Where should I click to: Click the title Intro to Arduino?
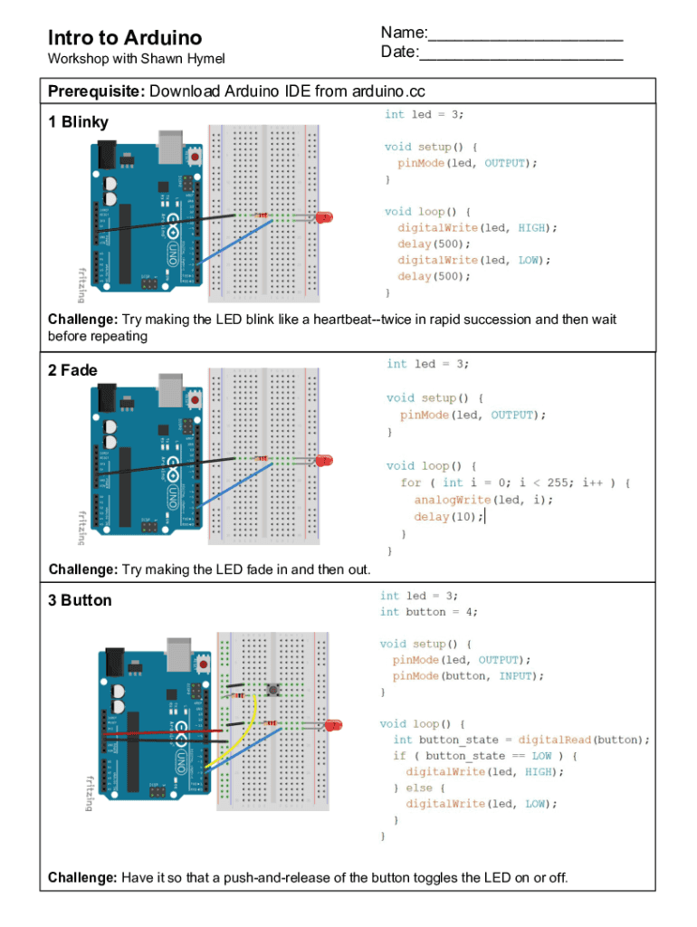coord(124,38)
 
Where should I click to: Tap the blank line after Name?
coord(525,36)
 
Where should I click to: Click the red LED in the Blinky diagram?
coord(324,217)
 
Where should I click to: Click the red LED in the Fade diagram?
coord(323,461)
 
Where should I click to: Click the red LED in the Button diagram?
coord(334,725)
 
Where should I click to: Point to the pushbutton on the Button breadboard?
coord(272,692)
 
